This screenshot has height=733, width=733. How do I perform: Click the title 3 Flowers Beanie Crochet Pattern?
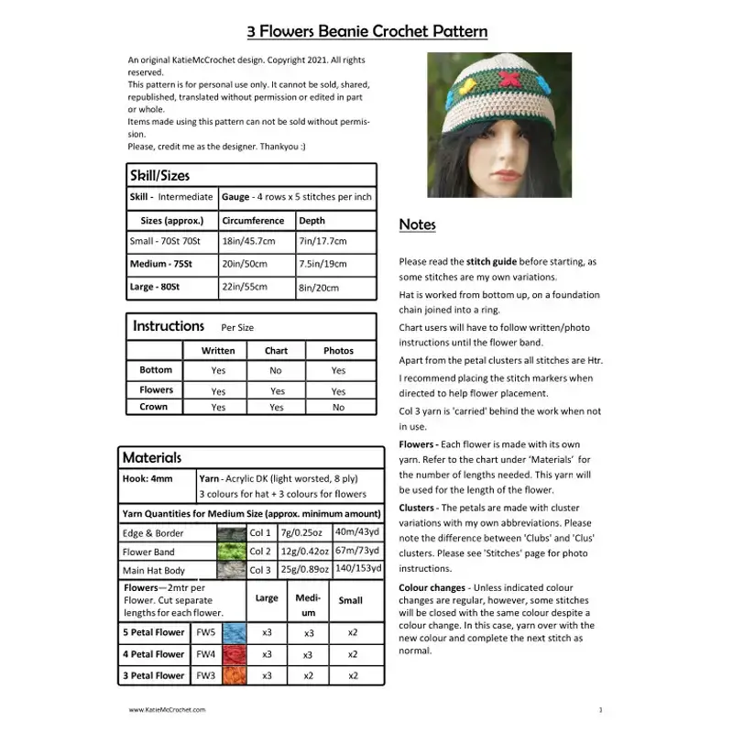(366, 32)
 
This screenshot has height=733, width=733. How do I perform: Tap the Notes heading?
(418, 224)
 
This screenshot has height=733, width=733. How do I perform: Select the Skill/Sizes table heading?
(160, 175)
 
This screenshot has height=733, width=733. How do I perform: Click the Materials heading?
(152, 457)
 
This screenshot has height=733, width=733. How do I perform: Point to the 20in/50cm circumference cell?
(245, 264)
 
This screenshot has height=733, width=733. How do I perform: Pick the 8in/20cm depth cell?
(323, 288)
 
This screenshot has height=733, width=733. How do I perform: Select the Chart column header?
(276, 350)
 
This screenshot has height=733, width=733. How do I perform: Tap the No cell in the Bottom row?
(276, 370)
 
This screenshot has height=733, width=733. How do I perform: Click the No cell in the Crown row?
(338, 407)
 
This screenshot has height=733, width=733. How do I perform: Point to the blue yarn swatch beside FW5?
(234, 632)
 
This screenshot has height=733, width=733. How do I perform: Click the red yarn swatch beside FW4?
(234, 654)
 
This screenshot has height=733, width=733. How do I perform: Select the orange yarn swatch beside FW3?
(234, 675)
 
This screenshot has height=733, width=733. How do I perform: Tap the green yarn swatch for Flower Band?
(231, 552)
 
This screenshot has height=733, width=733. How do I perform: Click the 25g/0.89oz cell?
(304, 570)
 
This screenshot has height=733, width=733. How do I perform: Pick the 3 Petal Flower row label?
(154, 675)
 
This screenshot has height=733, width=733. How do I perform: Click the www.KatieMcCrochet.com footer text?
(167, 709)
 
